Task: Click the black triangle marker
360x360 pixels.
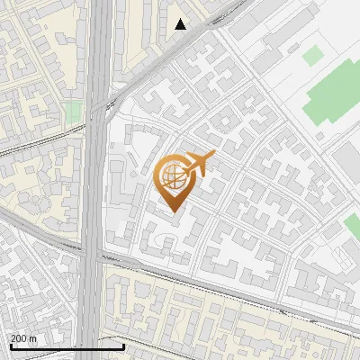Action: (181, 24)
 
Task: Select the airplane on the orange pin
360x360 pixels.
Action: (197, 164)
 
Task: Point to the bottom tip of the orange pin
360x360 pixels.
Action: (173, 212)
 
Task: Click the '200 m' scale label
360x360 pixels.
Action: (23, 337)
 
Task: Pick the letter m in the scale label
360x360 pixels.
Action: (33, 337)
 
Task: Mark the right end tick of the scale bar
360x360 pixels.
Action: (122, 345)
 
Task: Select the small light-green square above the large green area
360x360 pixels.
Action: (311, 56)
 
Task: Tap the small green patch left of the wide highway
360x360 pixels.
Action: (74, 112)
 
